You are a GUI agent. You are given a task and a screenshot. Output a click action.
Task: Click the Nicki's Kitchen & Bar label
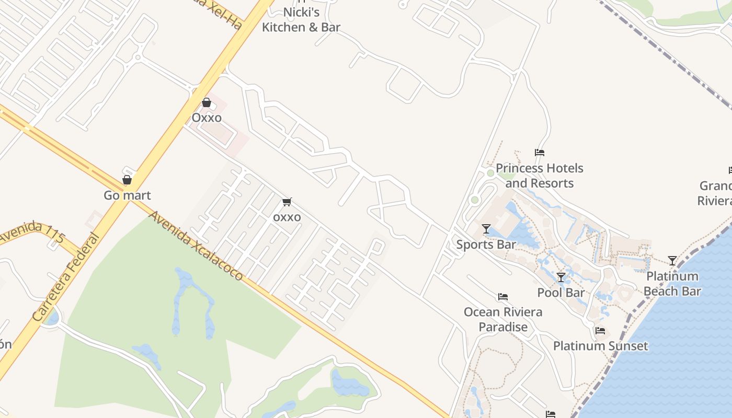click(301, 20)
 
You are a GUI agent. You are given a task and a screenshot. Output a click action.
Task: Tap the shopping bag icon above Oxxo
click(207, 102)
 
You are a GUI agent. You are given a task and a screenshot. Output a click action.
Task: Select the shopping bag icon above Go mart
click(127, 180)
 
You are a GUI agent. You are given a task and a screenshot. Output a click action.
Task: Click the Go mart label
click(127, 195)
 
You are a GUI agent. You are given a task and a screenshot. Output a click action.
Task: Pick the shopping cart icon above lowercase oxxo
click(287, 202)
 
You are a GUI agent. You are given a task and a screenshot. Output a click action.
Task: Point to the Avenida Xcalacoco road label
click(196, 246)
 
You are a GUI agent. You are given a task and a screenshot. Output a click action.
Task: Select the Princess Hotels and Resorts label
click(539, 176)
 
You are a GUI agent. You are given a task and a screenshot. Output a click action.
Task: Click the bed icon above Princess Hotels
click(540, 153)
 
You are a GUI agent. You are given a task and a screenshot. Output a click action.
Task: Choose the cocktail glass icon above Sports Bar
click(486, 229)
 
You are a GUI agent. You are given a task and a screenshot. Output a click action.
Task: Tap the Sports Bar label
click(486, 245)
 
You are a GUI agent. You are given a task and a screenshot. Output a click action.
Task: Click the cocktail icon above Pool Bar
click(561, 277)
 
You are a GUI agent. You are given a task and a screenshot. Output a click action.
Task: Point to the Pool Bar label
click(561, 293)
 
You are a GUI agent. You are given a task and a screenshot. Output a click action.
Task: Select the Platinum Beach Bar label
click(672, 284)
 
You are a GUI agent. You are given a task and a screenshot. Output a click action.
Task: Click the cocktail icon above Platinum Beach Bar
click(672, 260)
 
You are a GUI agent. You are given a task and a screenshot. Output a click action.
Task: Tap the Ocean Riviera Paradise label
click(503, 319)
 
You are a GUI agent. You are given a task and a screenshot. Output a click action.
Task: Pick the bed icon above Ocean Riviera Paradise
click(503, 297)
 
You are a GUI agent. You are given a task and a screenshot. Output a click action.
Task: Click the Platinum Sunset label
click(600, 346)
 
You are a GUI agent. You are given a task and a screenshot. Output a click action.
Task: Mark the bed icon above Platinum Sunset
click(600, 330)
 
